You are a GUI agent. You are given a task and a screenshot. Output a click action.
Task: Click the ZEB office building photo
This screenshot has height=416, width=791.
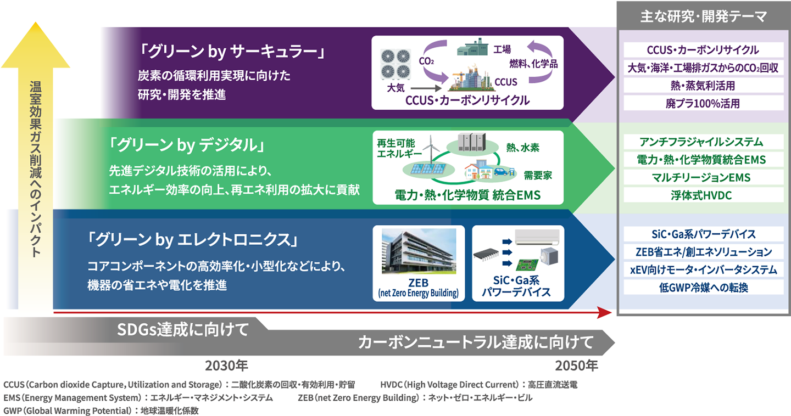(419, 251)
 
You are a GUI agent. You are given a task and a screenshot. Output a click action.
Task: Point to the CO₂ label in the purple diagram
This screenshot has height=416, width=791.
(426, 62)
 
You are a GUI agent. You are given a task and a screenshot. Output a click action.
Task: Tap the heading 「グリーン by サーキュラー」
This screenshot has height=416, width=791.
(232, 53)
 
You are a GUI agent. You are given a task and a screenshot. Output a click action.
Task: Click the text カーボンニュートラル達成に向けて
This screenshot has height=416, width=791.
(476, 342)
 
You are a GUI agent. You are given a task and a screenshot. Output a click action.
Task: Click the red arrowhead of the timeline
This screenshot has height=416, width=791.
(604, 313)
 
